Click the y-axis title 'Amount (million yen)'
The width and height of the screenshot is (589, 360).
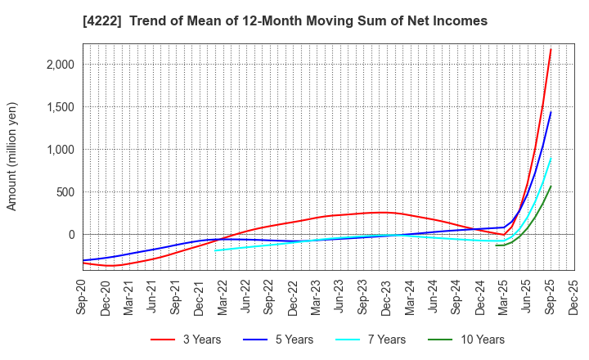12,156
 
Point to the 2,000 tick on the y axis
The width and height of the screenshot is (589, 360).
59,65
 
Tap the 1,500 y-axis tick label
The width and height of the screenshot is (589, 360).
59,107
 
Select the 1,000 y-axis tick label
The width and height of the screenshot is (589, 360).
59,150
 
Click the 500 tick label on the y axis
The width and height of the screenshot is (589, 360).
65,192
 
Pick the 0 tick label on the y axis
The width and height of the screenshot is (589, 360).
71,235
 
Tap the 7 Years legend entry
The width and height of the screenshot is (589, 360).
378,340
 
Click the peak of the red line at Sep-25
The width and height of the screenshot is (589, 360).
551,49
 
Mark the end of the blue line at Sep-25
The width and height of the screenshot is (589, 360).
551,112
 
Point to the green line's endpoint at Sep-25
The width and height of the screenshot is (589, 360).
551,186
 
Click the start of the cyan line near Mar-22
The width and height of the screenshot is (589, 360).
215,250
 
